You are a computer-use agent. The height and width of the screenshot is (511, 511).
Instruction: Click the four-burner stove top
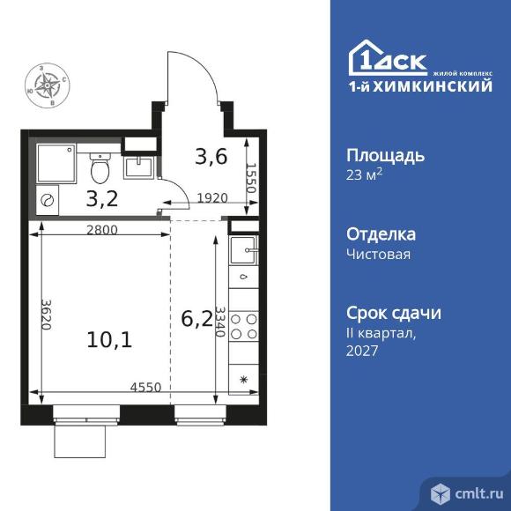[244, 329]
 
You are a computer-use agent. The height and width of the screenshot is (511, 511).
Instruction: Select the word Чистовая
[379, 254]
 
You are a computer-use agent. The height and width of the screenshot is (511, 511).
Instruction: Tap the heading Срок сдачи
[393, 313]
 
